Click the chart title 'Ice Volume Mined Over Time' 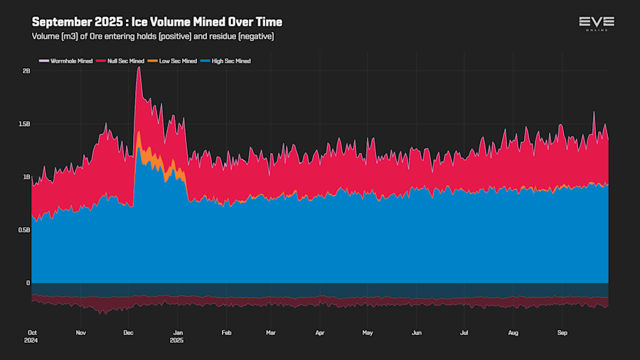pyautogui.click(x=157, y=22)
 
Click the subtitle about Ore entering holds pyautogui.click(x=153, y=36)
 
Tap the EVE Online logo pyautogui.click(x=597, y=23)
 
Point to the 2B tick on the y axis pyautogui.click(x=26, y=71)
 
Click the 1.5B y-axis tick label pyautogui.click(x=24, y=124)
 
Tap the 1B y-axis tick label pyautogui.click(x=26, y=177)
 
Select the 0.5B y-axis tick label pyautogui.click(x=24, y=230)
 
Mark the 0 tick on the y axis pyautogui.click(x=28, y=283)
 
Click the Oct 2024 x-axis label pyautogui.click(x=32, y=336)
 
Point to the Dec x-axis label pyautogui.click(x=129, y=332)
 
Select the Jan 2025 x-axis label pyautogui.click(x=179, y=336)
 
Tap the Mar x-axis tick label pyautogui.click(x=270, y=332)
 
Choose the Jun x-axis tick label pyautogui.click(x=417, y=332)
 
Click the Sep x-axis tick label pyautogui.click(x=562, y=332)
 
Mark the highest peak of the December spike pyautogui.click(x=139, y=68)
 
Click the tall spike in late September pyautogui.click(x=594, y=112)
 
